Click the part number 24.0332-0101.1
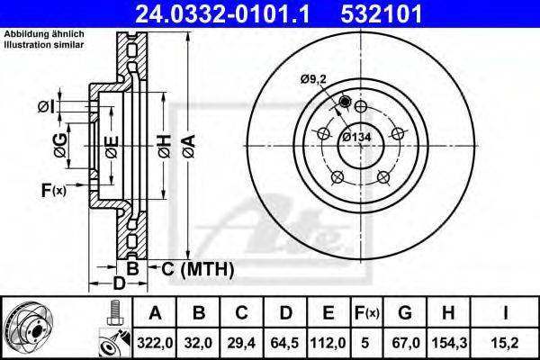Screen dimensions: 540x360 (222, 13)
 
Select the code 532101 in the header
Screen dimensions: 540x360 (382, 13)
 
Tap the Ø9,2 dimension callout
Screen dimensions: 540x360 (313, 79)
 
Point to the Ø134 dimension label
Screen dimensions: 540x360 (356, 137)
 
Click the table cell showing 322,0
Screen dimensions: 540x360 (155, 343)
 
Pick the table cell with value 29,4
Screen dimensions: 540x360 (241, 343)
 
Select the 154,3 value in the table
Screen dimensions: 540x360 (448, 343)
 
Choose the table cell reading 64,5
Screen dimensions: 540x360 (285, 343)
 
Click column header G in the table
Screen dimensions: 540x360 (405, 313)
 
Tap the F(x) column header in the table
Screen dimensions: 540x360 (367, 313)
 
